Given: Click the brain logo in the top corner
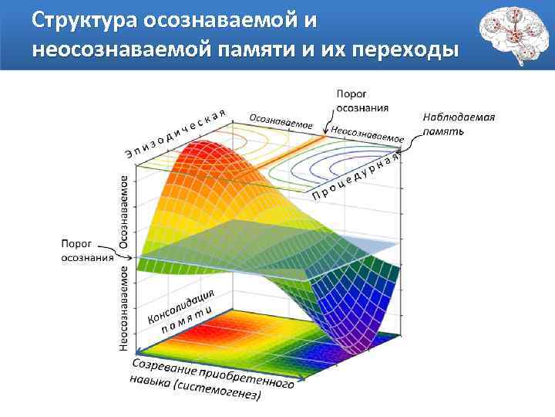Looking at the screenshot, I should tap(510, 35).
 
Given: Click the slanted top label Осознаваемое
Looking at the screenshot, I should tap(280, 121).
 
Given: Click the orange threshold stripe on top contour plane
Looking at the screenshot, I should tap(298, 158).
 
